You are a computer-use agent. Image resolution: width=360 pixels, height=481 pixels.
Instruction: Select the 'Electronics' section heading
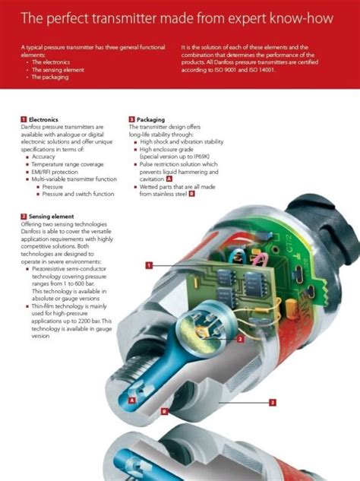(43, 119)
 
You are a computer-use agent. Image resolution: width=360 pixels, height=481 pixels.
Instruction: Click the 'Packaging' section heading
(150, 119)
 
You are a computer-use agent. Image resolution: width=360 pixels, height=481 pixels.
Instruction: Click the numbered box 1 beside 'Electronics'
(24, 119)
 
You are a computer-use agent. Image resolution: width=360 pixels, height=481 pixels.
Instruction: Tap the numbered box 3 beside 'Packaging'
(132, 119)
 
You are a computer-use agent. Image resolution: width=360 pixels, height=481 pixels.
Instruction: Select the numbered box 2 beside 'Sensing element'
(24, 217)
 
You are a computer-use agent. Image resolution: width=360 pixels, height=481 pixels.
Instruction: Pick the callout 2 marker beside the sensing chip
(239, 339)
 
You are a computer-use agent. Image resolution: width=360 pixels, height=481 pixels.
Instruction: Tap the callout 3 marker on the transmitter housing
(272, 402)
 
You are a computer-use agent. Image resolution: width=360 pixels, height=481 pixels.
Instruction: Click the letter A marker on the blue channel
(132, 398)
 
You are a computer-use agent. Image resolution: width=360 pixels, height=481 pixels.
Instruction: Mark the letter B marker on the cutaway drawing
(164, 411)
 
